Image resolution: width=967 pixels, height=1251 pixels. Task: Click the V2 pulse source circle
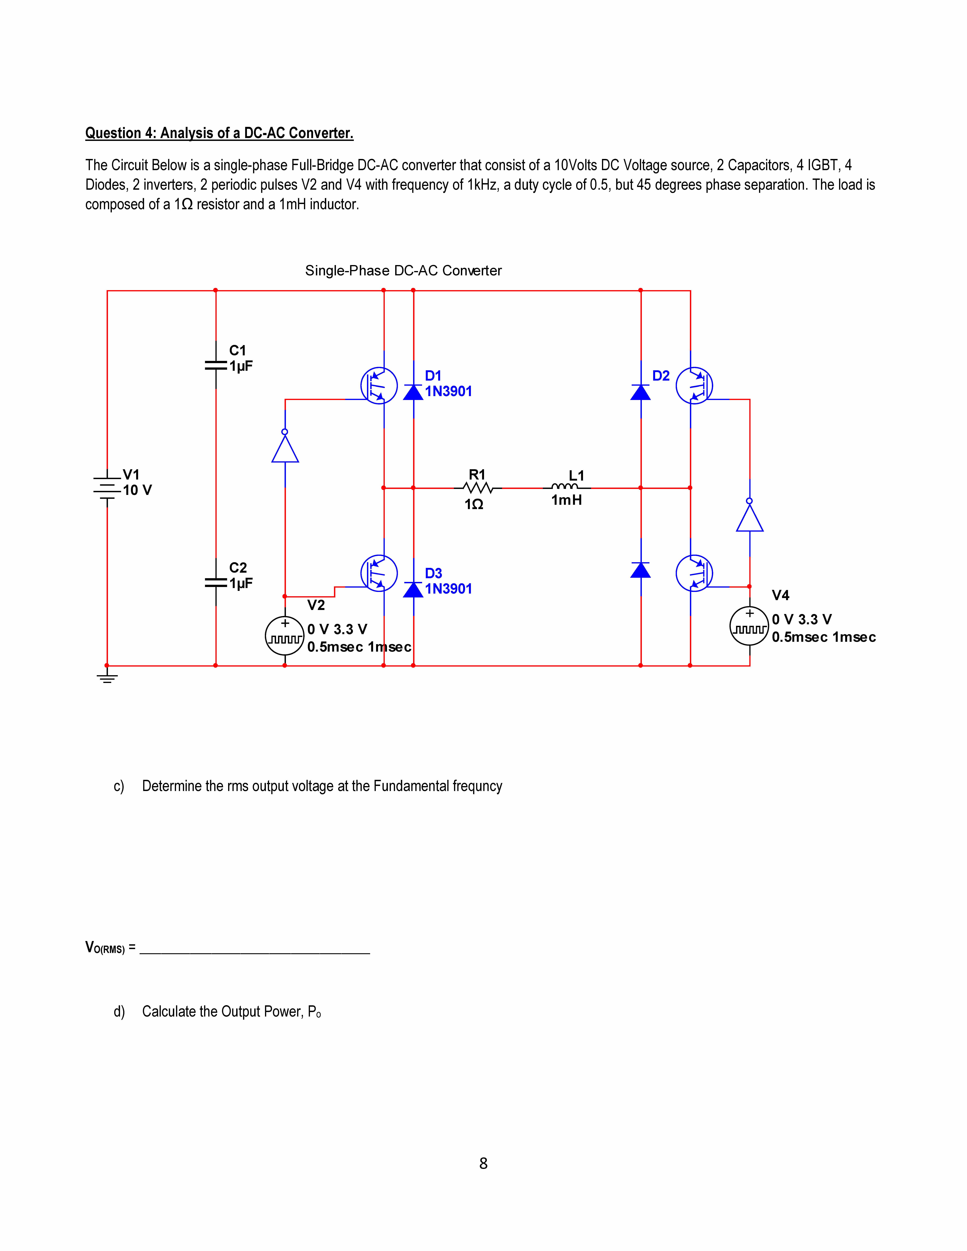[285, 636]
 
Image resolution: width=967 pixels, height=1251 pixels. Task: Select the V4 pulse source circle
[749, 626]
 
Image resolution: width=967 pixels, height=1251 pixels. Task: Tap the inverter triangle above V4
[749, 517]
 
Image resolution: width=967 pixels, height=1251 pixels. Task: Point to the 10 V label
[138, 490]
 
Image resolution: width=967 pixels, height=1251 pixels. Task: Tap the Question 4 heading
[219, 133]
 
